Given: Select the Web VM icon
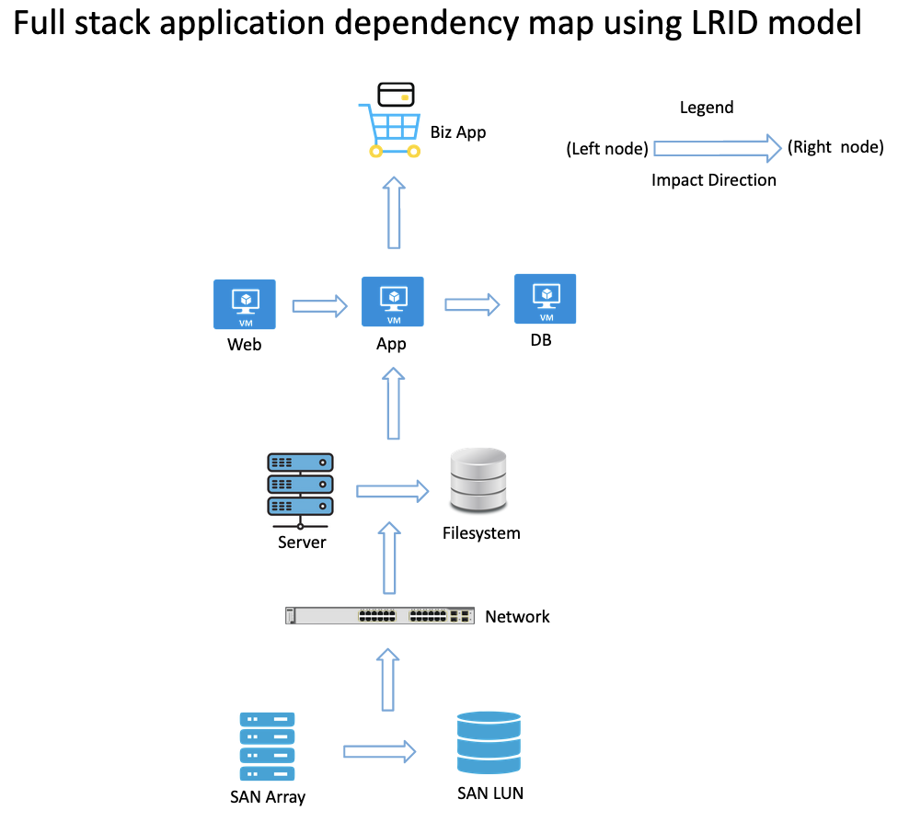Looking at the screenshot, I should [x=245, y=304].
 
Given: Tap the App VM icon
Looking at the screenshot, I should [x=393, y=302].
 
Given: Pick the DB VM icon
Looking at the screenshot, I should [x=546, y=299].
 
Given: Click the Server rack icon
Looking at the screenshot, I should [x=300, y=486].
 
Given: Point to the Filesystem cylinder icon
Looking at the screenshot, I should [x=478, y=479].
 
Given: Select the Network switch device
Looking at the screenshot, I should [x=380, y=615].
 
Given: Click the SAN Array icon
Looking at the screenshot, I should [x=267, y=747].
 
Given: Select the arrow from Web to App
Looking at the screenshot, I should [x=319, y=305].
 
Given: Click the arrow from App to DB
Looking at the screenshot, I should [x=472, y=304].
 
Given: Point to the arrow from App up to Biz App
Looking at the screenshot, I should [x=394, y=213].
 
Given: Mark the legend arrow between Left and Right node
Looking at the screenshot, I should [x=716, y=147].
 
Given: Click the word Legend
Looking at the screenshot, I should [x=707, y=108].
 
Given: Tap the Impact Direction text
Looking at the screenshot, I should [x=714, y=180].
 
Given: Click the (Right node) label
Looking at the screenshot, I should [x=835, y=147].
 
